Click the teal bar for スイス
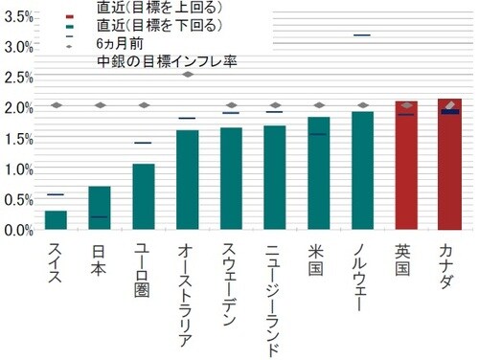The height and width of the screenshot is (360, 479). point(56,220)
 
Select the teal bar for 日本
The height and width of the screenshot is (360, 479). point(100,208)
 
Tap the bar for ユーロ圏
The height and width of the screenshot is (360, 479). point(144,197)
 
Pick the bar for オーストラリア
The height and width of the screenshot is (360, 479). point(188,180)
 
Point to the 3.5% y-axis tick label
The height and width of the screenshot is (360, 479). point(19,16)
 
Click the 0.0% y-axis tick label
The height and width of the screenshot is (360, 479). point(19,230)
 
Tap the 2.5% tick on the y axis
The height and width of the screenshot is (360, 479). point(19,78)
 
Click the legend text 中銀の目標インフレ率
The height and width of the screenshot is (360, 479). point(168,61)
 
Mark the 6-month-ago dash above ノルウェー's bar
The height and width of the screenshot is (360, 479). point(362,35)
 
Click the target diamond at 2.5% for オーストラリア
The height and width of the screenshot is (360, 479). point(188,74)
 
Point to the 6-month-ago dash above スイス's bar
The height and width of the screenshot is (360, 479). point(56,194)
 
